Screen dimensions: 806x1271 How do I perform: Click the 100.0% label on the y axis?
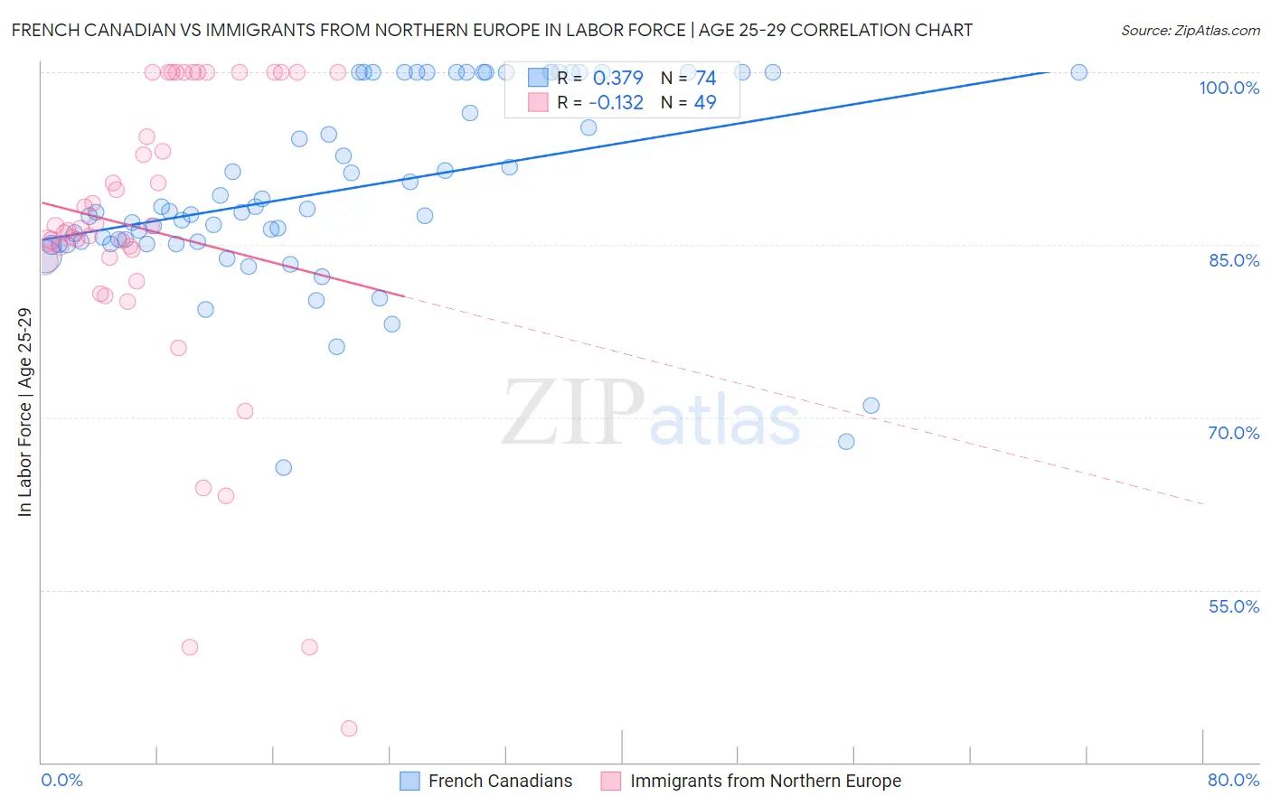coord(1229,88)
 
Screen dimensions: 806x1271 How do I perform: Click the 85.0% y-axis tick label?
coord(1234,260)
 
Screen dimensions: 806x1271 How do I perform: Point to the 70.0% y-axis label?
coord(1234,433)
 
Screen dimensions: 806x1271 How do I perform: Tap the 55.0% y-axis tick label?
coord(1234,606)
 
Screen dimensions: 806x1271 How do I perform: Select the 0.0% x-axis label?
coord(62,780)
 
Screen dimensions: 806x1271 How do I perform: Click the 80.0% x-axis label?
coord(1233,780)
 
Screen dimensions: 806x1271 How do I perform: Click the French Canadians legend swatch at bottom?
coord(410,781)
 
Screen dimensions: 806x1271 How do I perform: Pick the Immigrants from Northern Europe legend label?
coord(765,781)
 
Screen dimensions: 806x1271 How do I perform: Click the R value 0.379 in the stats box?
coord(617,79)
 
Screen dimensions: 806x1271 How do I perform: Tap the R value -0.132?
coord(616,103)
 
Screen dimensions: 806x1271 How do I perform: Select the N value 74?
coord(705,79)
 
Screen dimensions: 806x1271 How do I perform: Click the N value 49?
coord(705,103)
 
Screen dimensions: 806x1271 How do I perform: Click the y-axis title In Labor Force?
coord(24,412)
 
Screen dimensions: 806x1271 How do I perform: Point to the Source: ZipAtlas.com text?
coord(1190,30)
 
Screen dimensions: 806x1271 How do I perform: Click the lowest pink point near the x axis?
coord(349,728)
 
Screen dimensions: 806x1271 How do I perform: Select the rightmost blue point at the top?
coord(1078,72)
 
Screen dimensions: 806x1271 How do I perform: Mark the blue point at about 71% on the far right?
coord(871,406)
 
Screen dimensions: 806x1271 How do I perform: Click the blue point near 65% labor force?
coord(283,467)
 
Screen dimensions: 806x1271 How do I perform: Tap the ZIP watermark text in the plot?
coord(572,412)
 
